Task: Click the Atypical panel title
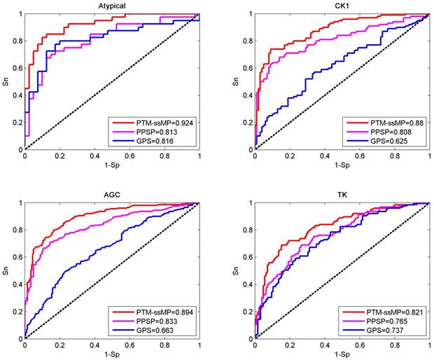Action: tap(111, 6)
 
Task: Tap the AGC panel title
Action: tap(111, 195)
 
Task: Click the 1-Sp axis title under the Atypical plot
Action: tap(112, 165)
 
